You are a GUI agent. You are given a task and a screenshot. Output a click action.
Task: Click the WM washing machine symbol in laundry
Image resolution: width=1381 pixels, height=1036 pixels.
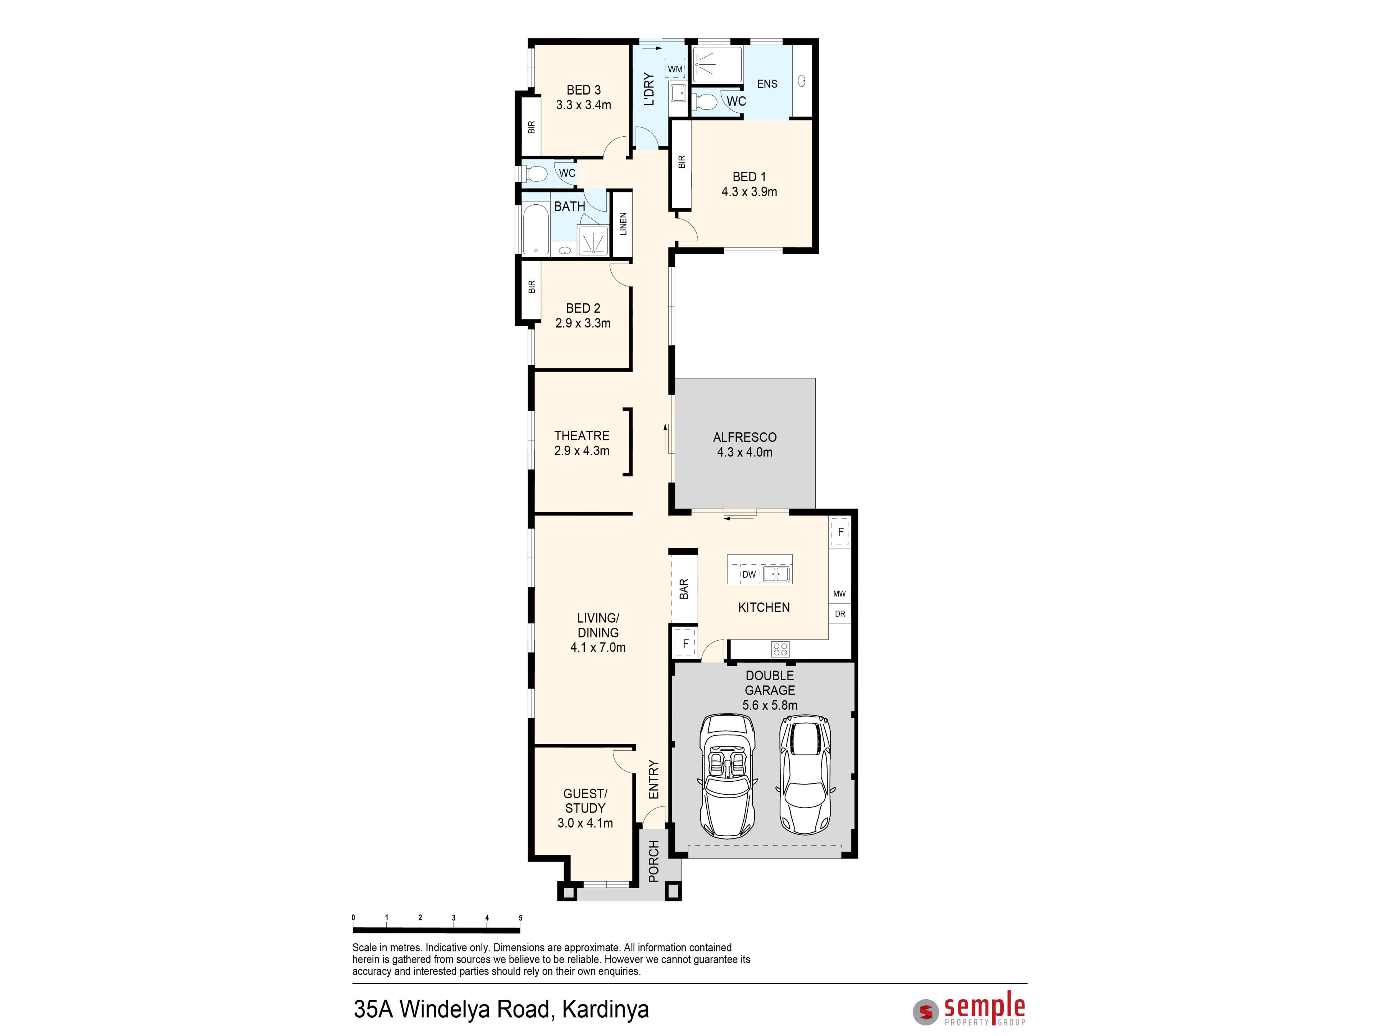[675, 69]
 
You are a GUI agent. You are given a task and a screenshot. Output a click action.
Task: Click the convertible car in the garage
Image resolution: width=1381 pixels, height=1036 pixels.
[727, 776]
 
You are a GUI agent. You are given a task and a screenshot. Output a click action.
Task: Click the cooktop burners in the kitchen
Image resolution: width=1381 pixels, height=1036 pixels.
[780, 649]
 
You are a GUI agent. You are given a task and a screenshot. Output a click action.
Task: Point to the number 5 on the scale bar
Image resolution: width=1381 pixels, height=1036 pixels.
[520, 917]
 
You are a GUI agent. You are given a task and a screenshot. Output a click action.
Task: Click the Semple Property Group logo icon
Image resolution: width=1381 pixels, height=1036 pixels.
[926, 1012]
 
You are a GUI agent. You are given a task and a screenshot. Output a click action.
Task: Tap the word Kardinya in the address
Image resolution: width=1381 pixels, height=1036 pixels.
[606, 1009]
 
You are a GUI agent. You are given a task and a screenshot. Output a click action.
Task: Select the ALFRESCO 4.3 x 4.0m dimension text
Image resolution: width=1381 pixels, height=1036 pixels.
[745, 452]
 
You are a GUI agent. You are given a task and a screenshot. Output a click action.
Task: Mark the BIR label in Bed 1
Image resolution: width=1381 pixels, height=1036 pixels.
[682, 162]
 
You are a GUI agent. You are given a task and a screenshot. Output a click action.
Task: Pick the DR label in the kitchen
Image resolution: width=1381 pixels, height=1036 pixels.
[840, 614]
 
